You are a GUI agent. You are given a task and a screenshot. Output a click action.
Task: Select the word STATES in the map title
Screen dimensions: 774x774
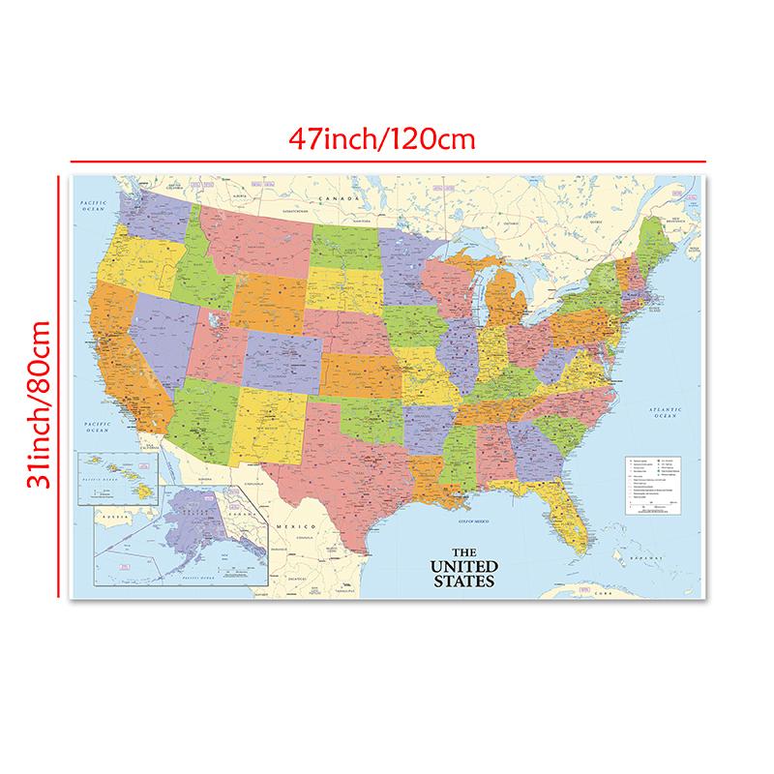pos(465,581)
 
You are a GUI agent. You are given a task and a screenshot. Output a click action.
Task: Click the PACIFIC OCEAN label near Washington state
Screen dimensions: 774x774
pos(92,203)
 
